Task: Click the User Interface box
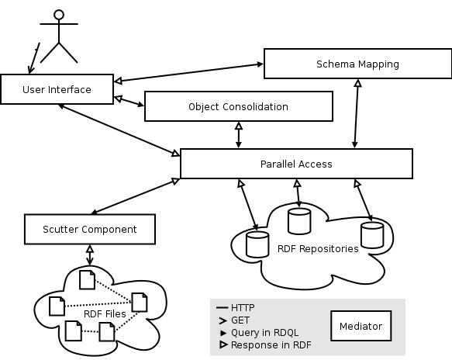pyautogui.click(x=57, y=89)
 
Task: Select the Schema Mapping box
pyautogui.click(x=357, y=64)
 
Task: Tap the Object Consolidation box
pyautogui.click(x=239, y=106)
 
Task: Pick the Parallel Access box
pyautogui.click(x=296, y=164)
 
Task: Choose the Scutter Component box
pyautogui.click(x=90, y=230)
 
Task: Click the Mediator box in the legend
pyautogui.click(x=361, y=326)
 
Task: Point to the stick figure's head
pyautogui.click(x=59, y=15)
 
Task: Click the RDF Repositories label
pyautogui.click(x=318, y=248)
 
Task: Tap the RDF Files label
pyautogui.click(x=105, y=314)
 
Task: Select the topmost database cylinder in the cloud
pyautogui.click(x=299, y=221)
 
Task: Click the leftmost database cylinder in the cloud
pyautogui.click(x=257, y=244)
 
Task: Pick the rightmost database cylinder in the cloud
pyautogui.click(x=372, y=235)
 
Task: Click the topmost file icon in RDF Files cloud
pyautogui.click(x=87, y=280)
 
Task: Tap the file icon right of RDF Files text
pyautogui.click(x=140, y=303)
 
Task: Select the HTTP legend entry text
pyautogui.click(x=243, y=308)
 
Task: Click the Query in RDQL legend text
pyautogui.click(x=265, y=333)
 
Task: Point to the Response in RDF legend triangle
pyautogui.click(x=223, y=344)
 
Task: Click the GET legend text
pyautogui.click(x=240, y=320)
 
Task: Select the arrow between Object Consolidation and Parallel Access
pyautogui.click(x=239, y=135)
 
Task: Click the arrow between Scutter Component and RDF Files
pyautogui.click(x=90, y=255)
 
